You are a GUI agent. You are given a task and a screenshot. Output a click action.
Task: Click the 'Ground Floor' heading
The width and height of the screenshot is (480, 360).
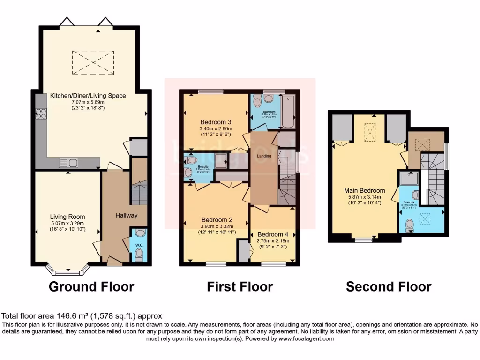91,286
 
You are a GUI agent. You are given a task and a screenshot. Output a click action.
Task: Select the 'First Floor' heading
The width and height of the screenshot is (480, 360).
240,286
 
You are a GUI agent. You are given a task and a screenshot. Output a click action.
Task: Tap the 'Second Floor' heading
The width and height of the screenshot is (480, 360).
389,286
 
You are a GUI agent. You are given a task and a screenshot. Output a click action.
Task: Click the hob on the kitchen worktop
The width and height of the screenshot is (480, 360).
40,113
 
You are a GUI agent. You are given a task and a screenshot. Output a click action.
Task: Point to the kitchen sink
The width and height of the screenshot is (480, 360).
68,163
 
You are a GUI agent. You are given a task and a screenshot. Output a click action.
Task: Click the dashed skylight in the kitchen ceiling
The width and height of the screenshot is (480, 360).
93,61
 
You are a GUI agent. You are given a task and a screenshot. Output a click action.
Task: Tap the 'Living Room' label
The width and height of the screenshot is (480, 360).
67,217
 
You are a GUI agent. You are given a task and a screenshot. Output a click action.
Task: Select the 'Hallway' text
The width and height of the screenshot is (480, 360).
127,215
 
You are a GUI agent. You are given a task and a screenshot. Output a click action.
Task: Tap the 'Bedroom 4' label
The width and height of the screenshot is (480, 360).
273,234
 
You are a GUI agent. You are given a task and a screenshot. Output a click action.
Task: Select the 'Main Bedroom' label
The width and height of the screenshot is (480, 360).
364,190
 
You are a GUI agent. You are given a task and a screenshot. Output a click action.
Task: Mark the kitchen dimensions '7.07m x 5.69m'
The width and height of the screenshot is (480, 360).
88,102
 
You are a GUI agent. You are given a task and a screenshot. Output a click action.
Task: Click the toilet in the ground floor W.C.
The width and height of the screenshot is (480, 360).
138,254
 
